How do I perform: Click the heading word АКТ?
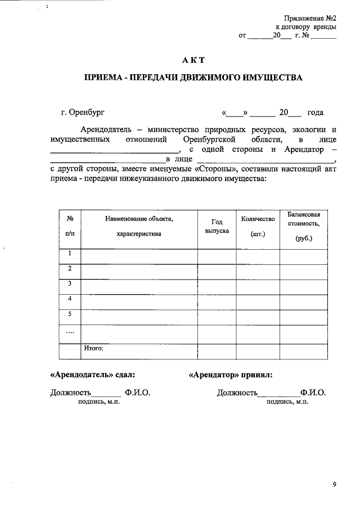pos(194,60)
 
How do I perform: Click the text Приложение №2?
pos(311,17)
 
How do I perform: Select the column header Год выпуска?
pos(217,227)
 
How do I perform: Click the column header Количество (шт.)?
pos(258,226)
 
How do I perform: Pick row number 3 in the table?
pos(70,284)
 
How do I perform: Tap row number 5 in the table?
pos(70,314)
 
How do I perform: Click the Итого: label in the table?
pos(94,349)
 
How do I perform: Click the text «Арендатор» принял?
pos(231,374)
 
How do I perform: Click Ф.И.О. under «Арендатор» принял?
pos(313,393)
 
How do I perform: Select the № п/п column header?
pos(70,226)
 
